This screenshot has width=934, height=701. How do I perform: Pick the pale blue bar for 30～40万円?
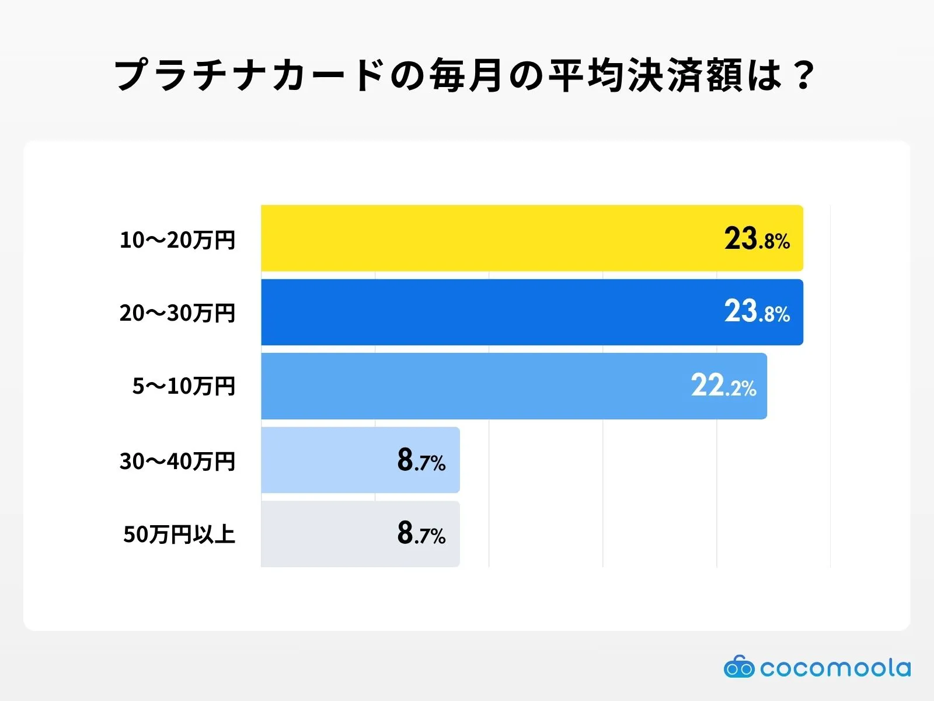327,460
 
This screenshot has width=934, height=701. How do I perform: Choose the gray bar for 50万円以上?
327,534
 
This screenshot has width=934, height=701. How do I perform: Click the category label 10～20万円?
177,240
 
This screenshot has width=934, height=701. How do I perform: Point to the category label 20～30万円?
177,313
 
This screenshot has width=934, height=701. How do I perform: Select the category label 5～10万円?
183,386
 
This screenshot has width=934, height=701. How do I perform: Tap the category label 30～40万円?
177,461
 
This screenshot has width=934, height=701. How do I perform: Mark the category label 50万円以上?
179,535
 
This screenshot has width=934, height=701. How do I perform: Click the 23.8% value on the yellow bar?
757,239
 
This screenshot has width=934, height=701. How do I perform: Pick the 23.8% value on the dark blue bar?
757,312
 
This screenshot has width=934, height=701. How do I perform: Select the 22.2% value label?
723,386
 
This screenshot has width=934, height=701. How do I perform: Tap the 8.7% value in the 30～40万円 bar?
421,461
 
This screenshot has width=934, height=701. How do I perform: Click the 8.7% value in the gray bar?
421,534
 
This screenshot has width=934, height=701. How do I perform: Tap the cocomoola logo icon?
738,667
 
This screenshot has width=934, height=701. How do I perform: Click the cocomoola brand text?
835,668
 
